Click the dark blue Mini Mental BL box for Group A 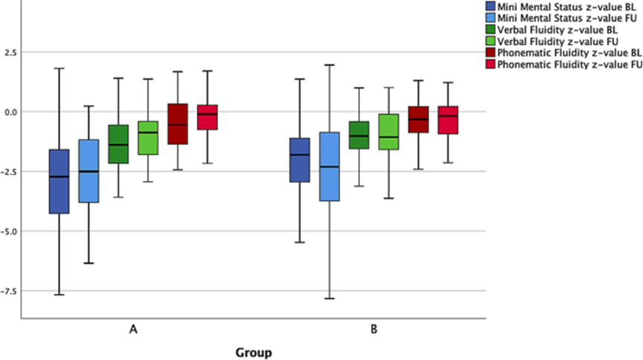(x=59, y=181)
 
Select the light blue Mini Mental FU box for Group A (x=88, y=171)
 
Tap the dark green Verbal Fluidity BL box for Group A (x=118, y=144)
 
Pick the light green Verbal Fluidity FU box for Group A (x=148, y=138)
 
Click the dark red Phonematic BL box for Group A (x=177, y=123)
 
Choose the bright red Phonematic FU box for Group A (x=207, y=117)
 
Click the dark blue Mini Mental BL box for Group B (x=300, y=160)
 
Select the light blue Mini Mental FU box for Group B (x=329, y=167)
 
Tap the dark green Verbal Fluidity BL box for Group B (x=359, y=135)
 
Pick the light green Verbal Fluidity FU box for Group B (x=389, y=132)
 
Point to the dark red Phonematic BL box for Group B (x=419, y=119)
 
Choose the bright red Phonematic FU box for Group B (x=447, y=120)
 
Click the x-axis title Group (x=253, y=351)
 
